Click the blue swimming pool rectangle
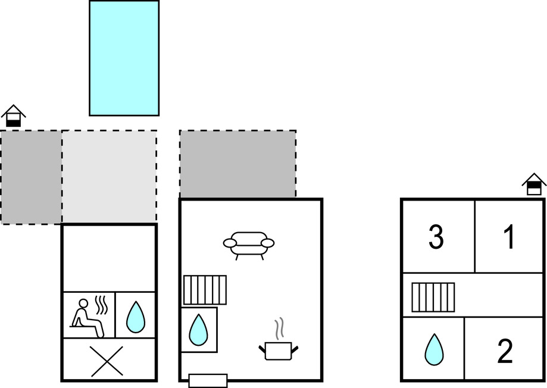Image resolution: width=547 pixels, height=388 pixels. [124, 58]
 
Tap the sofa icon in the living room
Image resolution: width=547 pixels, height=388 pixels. [249, 243]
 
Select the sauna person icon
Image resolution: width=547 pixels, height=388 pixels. [88, 316]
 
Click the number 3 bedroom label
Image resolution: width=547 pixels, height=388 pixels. [436, 238]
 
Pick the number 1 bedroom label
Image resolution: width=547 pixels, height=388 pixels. [509, 238]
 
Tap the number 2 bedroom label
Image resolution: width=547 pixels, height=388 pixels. [504, 352]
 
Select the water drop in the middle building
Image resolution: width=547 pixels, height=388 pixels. [198, 329]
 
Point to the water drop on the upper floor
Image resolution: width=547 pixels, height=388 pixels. [434, 349]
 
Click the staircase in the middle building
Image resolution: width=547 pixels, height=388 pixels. [205, 290]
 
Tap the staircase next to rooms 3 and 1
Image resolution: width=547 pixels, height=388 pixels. [433, 297]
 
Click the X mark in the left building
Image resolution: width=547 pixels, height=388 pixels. [107, 361]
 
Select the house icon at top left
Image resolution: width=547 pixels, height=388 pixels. [13, 116]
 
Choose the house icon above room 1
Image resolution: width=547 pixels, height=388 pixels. [534, 184]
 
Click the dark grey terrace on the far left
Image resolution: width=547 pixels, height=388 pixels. [31, 177]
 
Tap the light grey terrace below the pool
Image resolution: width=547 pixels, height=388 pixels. [110, 177]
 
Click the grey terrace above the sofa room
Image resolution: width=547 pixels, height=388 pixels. [237, 164]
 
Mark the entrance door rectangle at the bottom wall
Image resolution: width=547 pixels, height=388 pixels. [208, 381]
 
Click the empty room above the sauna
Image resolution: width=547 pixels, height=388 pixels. [109, 258]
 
